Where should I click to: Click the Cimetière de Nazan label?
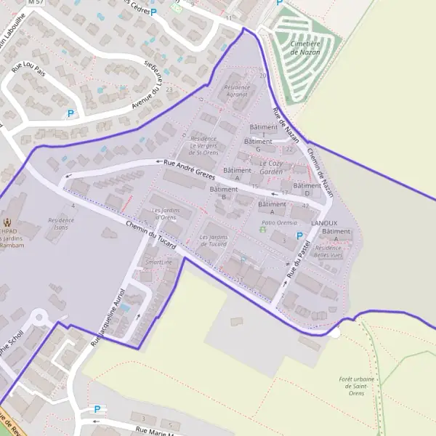[x=305, y=48]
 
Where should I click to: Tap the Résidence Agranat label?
[x=236, y=91]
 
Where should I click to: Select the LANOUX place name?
[x=324, y=222]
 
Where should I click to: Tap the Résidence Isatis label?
[x=60, y=223]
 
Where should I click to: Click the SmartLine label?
[x=159, y=262]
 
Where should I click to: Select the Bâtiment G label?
[x=258, y=145]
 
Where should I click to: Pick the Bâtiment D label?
[x=307, y=189]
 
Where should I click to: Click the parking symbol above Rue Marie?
[x=97, y=410]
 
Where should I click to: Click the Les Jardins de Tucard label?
[x=213, y=241]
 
